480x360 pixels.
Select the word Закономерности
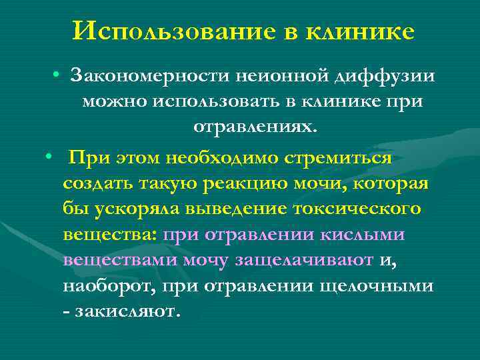coord(155,75)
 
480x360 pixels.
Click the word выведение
coord(243,209)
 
